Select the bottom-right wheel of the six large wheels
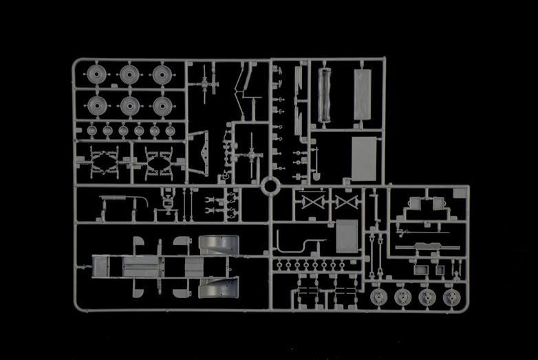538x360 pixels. [162, 105]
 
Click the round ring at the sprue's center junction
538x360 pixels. [270, 186]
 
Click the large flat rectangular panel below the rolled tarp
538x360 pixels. [363, 158]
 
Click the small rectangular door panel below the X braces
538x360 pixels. [347, 236]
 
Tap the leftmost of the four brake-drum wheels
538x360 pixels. [378, 297]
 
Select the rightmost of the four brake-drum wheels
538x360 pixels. [451, 297]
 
